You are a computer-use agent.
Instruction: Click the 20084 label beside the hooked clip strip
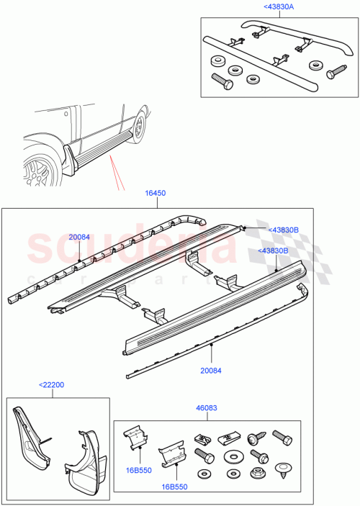pyautogui.click(x=79, y=237)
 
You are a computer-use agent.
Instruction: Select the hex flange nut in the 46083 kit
pyautogui.click(x=257, y=473)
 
